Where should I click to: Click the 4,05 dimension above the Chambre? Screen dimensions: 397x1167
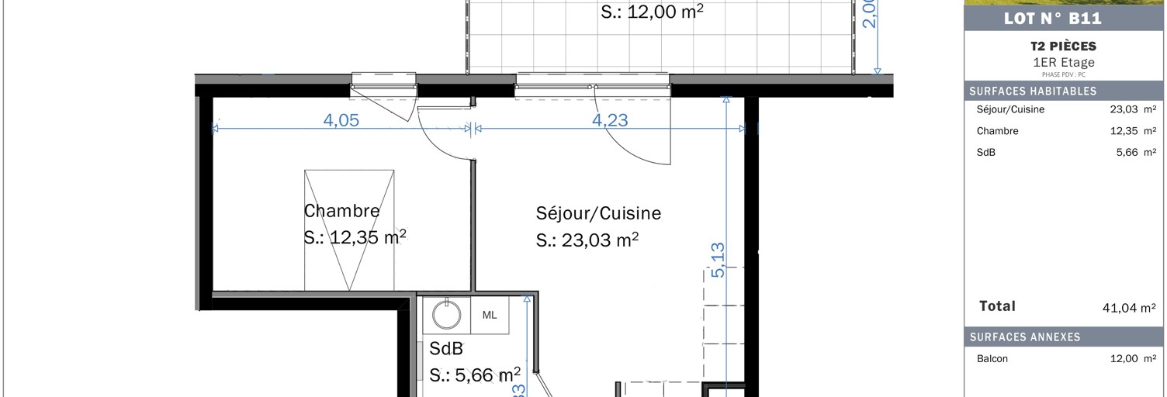tap(341, 120)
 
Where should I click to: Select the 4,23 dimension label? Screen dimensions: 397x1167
tap(610, 120)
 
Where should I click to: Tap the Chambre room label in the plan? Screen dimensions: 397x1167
tap(341, 210)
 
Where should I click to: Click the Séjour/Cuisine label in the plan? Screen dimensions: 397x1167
tap(598, 212)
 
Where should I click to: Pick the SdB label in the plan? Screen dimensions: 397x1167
tap(446, 349)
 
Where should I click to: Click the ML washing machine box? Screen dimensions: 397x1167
tap(490, 315)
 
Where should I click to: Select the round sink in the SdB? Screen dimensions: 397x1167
tap(447, 315)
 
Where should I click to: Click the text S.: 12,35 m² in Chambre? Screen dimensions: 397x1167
tap(355, 236)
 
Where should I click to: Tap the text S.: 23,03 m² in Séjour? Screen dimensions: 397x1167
tap(587, 240)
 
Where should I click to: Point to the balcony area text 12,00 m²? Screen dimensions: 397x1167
tap(653, 12)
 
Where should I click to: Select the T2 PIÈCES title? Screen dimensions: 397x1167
tap(1063, 47)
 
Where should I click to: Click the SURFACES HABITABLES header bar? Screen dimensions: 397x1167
tap(1063, 91)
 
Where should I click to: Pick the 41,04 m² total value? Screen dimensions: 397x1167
tap(1130, 308)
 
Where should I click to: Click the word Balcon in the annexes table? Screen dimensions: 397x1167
tap(992, 359)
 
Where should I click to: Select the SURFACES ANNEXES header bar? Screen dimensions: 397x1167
tap(1063, 337)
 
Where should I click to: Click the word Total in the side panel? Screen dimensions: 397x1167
tap(997, 306)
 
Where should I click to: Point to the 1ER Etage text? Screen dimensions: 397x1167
tap(1063, 63)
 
